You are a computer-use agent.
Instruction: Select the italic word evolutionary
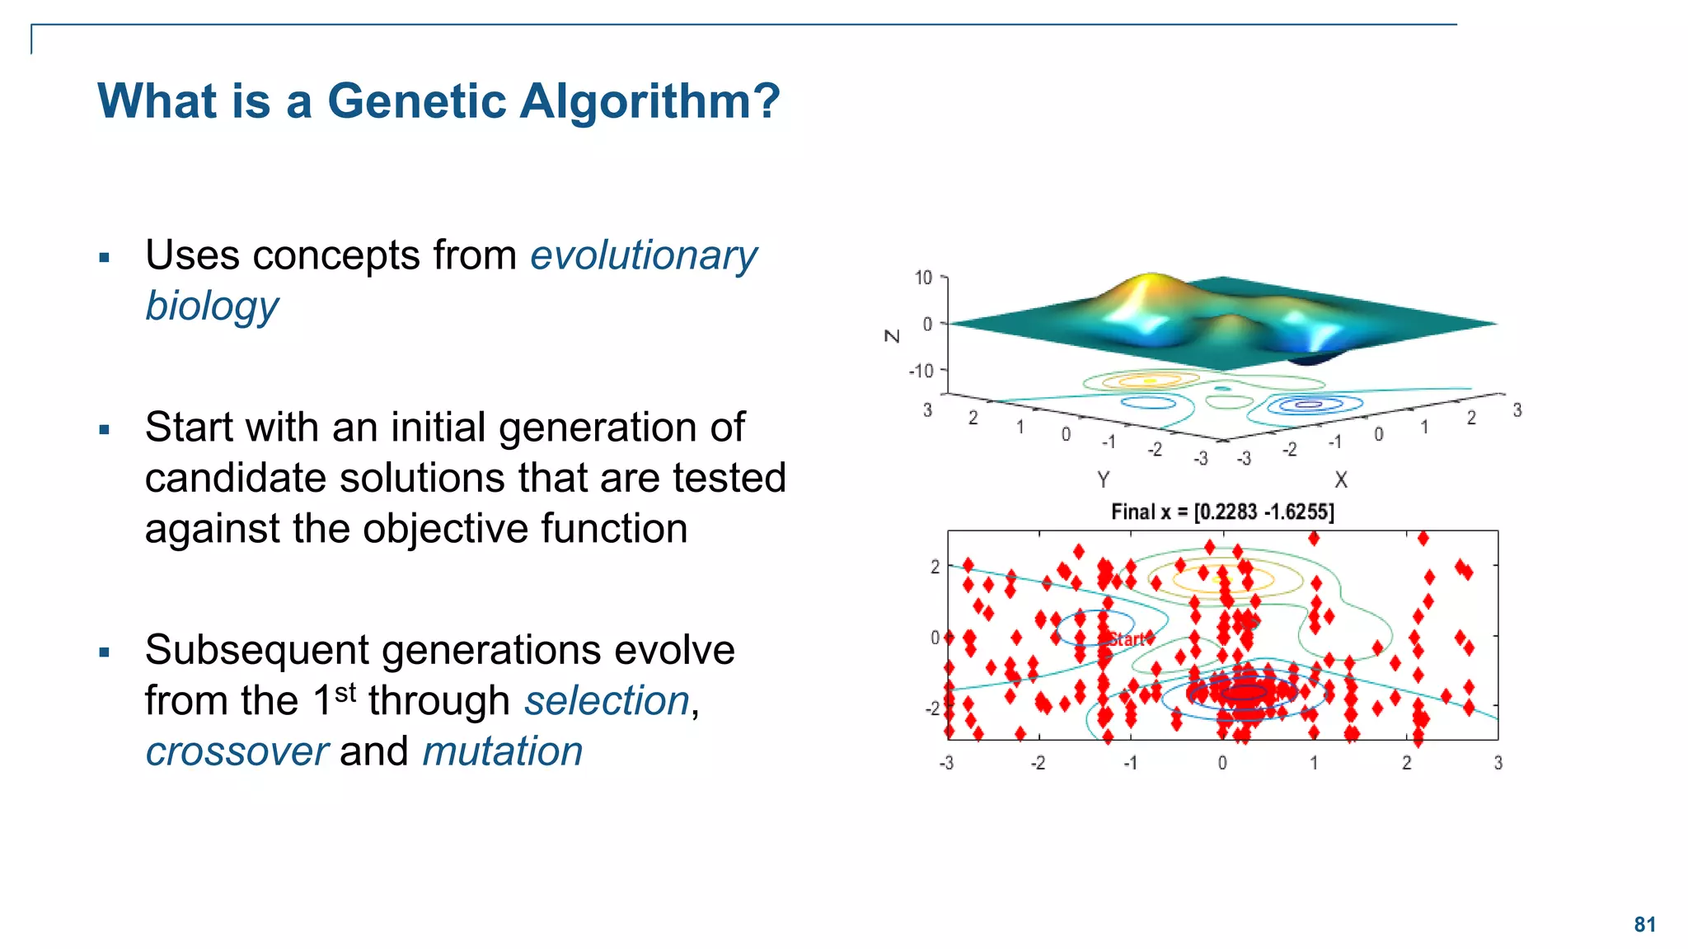click(x=643, y=255)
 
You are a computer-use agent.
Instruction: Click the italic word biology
click(x=212, y=306)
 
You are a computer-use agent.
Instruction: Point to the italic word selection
click(x=607, y=701)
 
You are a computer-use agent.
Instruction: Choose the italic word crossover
click(x=237, y=752)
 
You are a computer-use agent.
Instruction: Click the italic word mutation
click(x=502, y=752)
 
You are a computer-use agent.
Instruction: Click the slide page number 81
click(x=1644, y=924)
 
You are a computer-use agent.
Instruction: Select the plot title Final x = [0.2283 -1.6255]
click(x=1222, y=512)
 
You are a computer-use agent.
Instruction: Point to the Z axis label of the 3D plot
click(x=892, y=336)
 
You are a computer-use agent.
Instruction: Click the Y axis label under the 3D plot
click(x=1103, y=479)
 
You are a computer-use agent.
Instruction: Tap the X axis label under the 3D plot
click(x=1341, y=479)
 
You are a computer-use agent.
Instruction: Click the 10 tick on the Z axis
click(x=923, y=278)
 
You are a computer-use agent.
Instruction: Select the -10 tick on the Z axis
click(x=921, y=371)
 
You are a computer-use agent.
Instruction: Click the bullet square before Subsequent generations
click(x=104, y=652)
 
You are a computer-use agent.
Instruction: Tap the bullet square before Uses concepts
click(x=104, y=258)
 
